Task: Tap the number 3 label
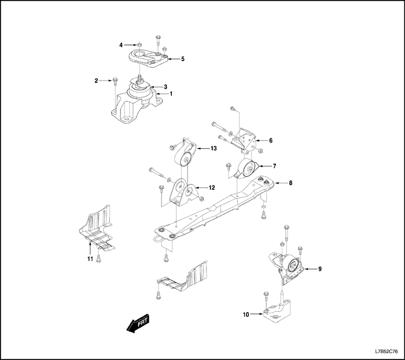[x=165, y=86]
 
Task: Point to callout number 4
[x=121, y=45]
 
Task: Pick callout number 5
[x=183, y=59]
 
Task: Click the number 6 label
[x=271, y=140]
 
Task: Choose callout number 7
[x=275, y=166]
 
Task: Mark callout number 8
[x=290, y=183]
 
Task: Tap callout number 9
[x=320, y=269]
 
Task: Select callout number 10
[x=246, y=315]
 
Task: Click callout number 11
[x=90, y=259]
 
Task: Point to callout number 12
[x=212, y=188]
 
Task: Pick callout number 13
[x=213, y=149]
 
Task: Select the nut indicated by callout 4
[x=141, y=45]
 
